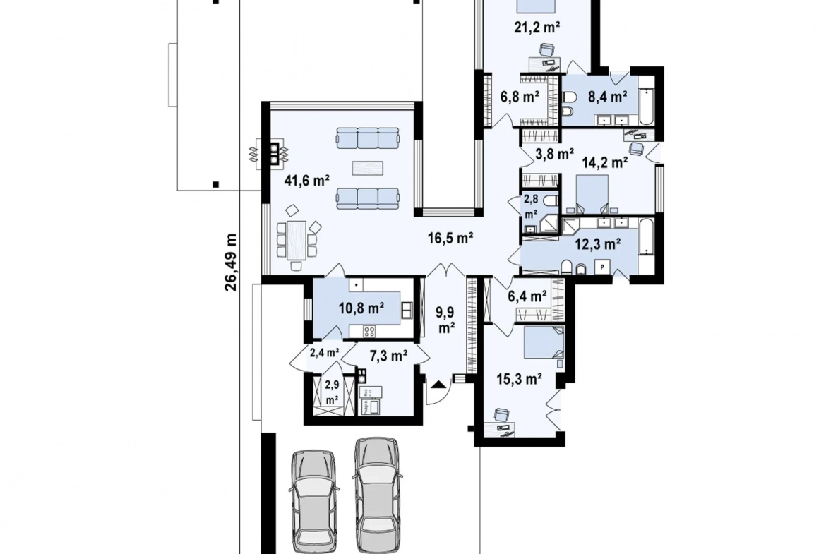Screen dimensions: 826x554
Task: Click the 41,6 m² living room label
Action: pyautogui.click(x=306, y=181)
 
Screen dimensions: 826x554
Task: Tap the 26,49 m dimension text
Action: pyautogui.click(x=231, y=263)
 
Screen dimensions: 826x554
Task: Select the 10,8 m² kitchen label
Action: pyautogui.click(x=361, y=308)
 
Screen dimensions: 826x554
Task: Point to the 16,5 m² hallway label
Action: pyautogui.click(x=450, y=238)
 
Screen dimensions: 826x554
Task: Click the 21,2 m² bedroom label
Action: pyautogui.click(x=537, y=27)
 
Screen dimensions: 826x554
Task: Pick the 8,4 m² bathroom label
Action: pyautogui.click(x=607, y=97)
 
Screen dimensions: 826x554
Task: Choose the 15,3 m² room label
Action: pyautogui.click(x=520, y=379)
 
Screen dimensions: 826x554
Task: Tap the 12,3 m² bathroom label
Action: pyautogui.click(x=597, y=243)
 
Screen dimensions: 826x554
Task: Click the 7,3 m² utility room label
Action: pyautogui.click(x=388, y=356)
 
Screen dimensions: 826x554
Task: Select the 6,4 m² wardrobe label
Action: pyautogui.click(x=527, y=296)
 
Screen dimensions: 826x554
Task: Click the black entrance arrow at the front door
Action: pyautogui.click(x=438, y=385)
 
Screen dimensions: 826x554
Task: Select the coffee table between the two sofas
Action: pyautogui.click(x=368, y=168)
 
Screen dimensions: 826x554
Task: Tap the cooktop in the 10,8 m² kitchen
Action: pyautogui.click(x=369, y=331)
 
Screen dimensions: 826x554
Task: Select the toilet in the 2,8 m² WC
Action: pyautogui.click(x=549, y=201)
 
